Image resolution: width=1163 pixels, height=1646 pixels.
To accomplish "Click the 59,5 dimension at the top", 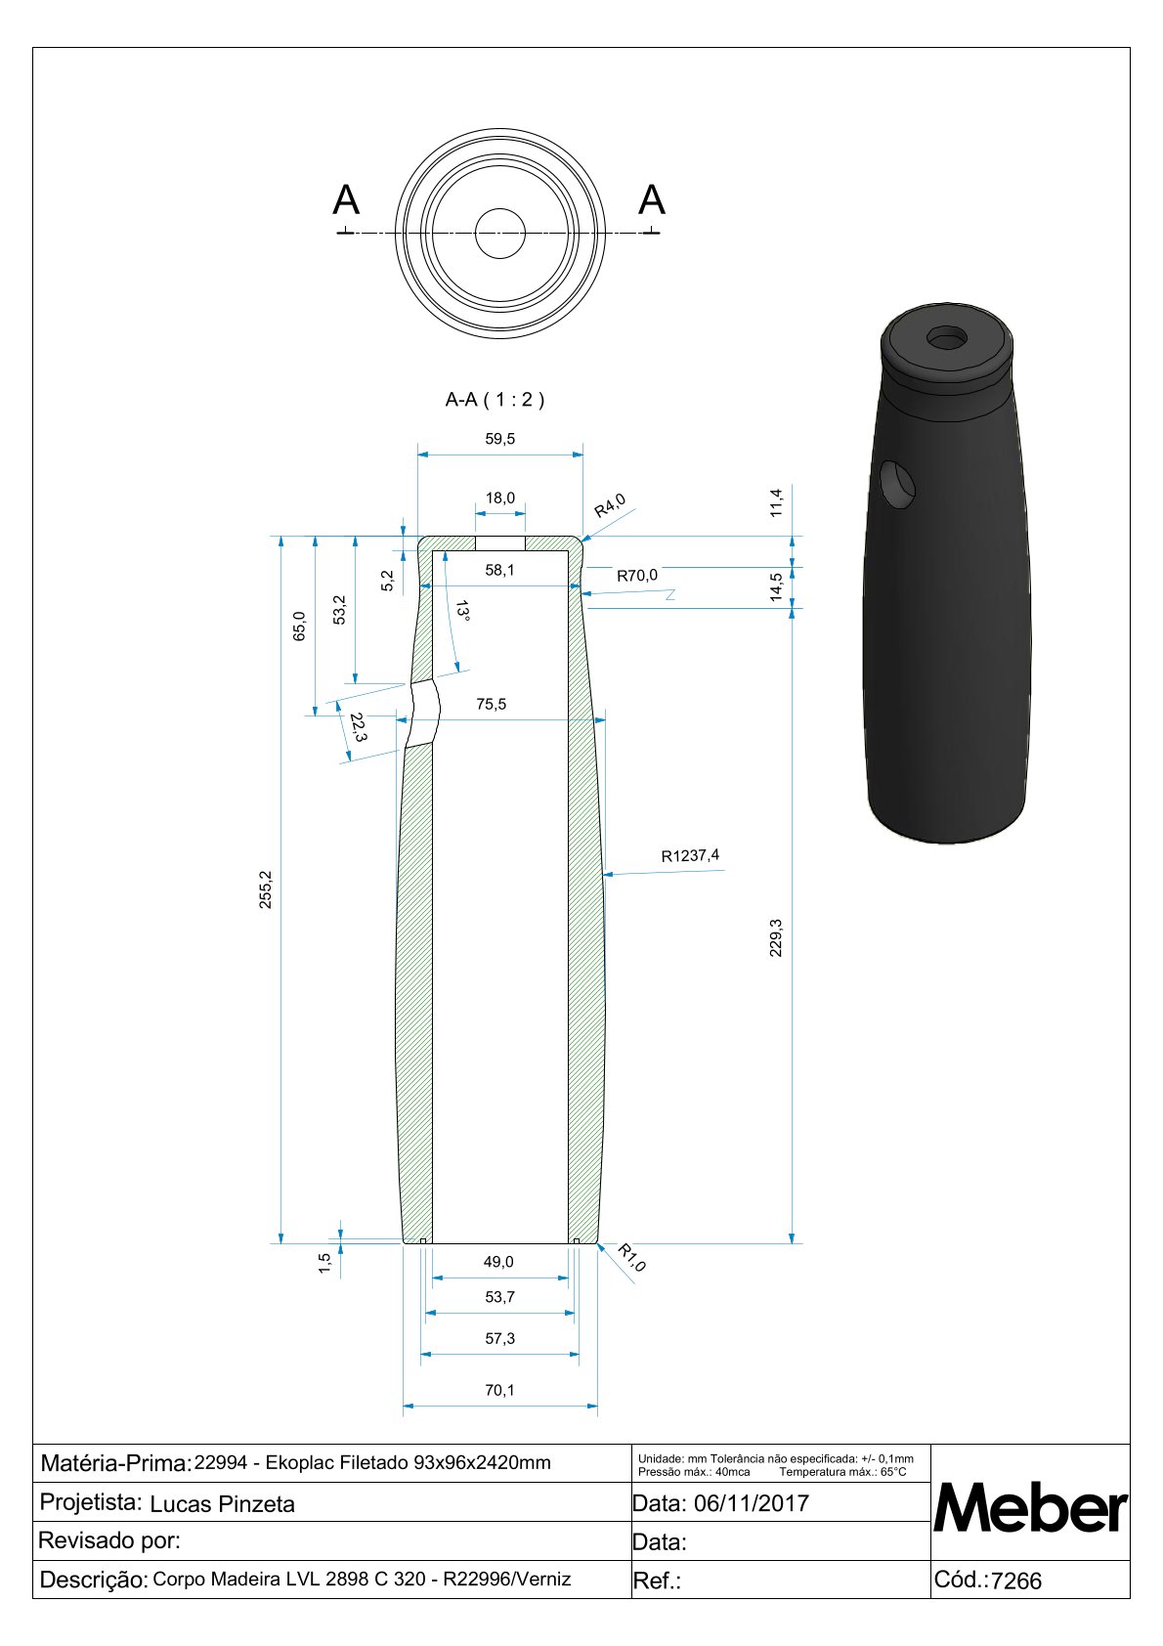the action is point(499,439).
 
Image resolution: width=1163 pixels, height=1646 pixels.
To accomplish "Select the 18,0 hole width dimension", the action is point(499,498).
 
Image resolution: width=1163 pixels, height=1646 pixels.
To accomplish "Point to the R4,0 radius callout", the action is point(610,505).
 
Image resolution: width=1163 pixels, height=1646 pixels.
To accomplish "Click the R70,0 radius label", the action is point(637,576).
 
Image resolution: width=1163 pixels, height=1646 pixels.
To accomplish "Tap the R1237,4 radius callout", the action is point(690,855).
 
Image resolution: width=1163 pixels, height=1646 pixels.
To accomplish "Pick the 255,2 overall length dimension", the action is point(265,889).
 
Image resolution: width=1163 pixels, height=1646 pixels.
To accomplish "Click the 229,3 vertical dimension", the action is point(776,937).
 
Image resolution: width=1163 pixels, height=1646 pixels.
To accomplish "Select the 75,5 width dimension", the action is point(491,704).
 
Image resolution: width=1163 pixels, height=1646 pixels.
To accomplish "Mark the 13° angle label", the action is point(462,611).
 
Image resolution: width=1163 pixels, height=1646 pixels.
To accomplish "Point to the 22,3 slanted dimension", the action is point(358,727).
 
